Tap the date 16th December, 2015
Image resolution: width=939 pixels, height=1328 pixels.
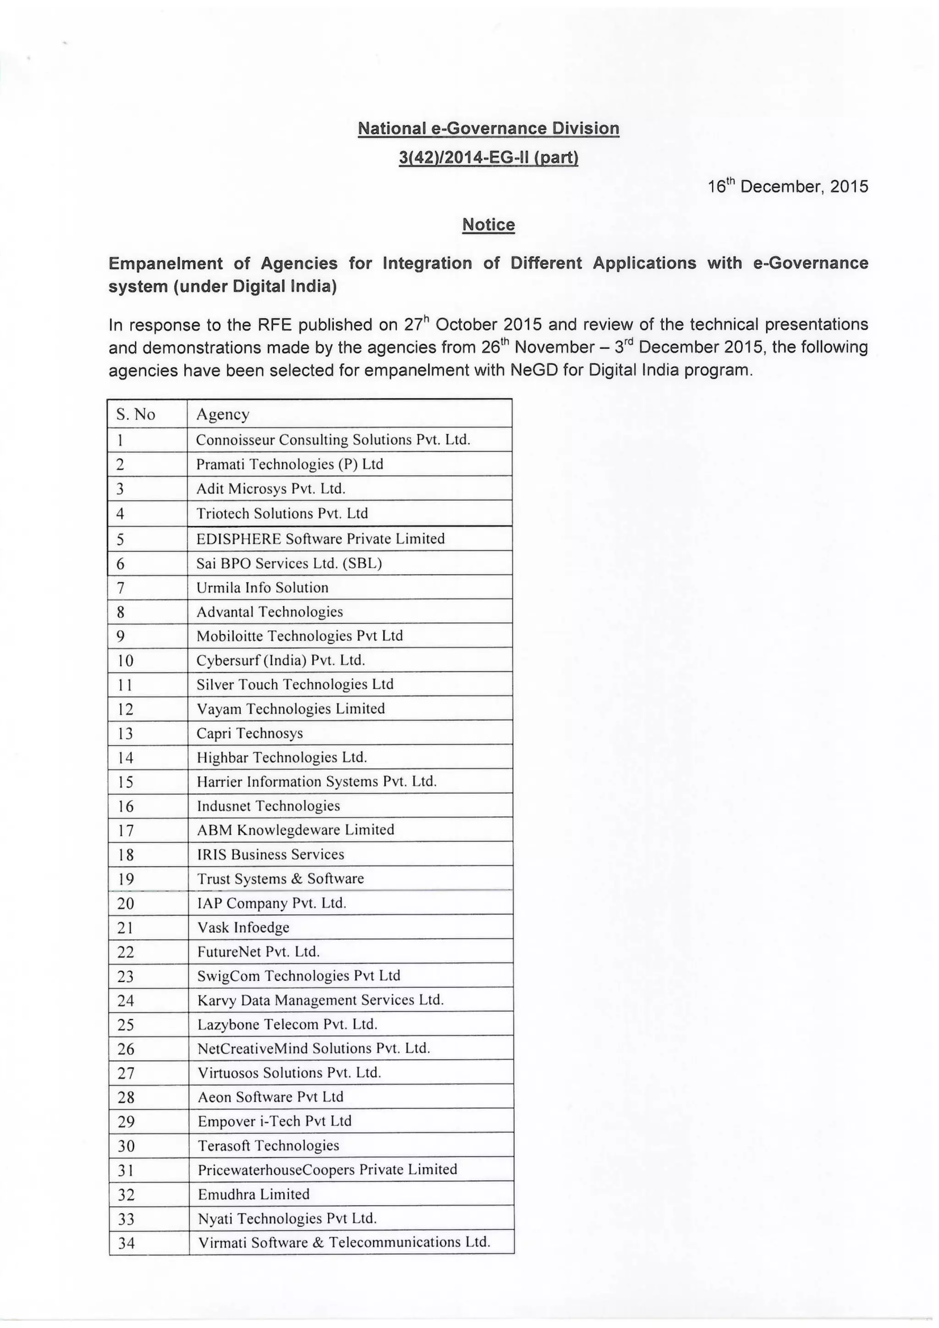tap(788, 187)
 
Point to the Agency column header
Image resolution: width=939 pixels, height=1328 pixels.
tap(223, 414)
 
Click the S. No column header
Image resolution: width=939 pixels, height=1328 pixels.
tap(136, 414)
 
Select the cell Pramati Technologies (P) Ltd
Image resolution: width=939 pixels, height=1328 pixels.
tap(290, 465)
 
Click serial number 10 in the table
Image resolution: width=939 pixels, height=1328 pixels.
tap(126, 660)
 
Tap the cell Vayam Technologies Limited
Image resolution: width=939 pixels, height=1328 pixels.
tap(290, 709)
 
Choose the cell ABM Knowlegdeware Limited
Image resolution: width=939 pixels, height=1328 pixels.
tap(295, 830)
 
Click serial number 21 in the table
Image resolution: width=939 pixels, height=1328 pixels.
tap(126, 928)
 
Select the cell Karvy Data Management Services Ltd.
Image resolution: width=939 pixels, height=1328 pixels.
tap(320, 1000)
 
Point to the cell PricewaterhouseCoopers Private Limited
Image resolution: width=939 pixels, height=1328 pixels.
tap(327, 1169)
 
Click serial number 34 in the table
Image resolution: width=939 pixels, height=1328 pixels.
tap(126, 1243)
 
